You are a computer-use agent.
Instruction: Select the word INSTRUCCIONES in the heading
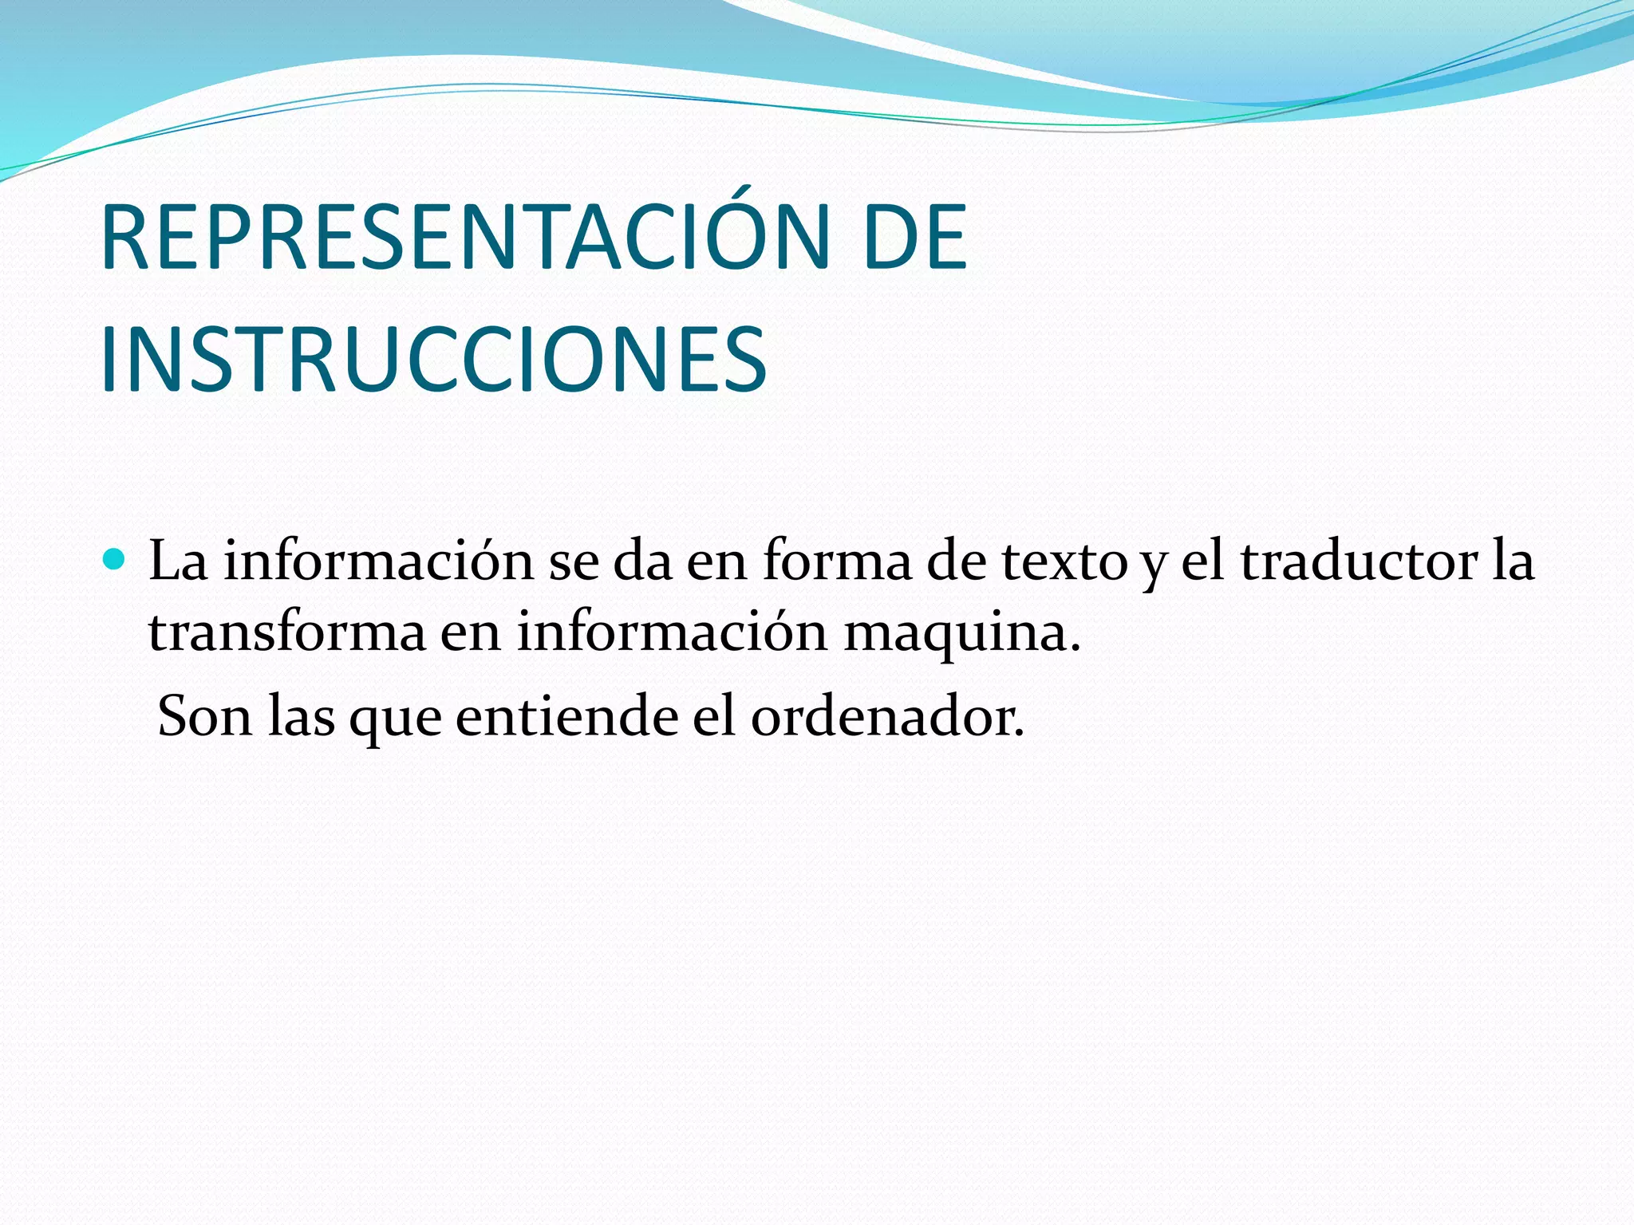click(x=433, y=360)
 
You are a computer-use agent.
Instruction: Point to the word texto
click(x=1065, y=561)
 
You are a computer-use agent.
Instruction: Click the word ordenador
click(x=887, y=716)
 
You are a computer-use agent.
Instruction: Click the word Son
click(x=204, y=716)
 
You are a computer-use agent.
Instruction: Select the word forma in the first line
click(x=836, y=561)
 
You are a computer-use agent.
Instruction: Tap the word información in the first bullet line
click(x=378, y=561)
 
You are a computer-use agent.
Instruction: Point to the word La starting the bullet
click(x=178, y=561)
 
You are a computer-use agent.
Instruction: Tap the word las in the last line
click(x=301, y=716)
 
